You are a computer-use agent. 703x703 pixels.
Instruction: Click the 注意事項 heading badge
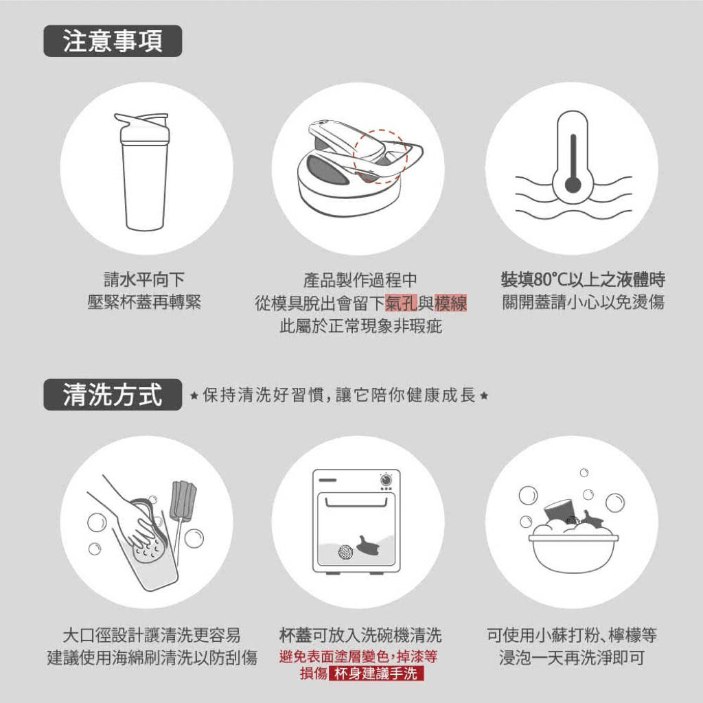(x=113, y=41)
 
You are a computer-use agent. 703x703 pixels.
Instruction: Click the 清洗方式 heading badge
(x=113, y=395)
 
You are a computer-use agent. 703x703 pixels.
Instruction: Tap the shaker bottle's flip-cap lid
(x=143, y=128)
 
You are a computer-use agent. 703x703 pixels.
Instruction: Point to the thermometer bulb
(x=573, y=184)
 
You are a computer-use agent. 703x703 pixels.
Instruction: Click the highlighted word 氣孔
(x=401, y=303)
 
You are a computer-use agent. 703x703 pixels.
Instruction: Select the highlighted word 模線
(x=450, y=303)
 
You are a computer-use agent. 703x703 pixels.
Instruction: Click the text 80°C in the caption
(x=551, y=280)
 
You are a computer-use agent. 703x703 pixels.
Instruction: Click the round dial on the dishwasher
(x=385, y=480)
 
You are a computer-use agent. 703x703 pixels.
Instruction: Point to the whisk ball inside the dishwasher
(x=346, y=552)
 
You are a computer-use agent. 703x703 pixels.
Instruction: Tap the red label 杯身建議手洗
(x=376, y=673)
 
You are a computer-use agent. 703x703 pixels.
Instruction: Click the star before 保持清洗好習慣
(x=194, y=396)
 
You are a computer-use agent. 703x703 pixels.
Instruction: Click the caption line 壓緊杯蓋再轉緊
(x=144, y=302)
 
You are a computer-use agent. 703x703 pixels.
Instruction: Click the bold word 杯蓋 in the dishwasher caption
(x=295, y=635)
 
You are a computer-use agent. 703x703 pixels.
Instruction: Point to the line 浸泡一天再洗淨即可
(x=572, y=658)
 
